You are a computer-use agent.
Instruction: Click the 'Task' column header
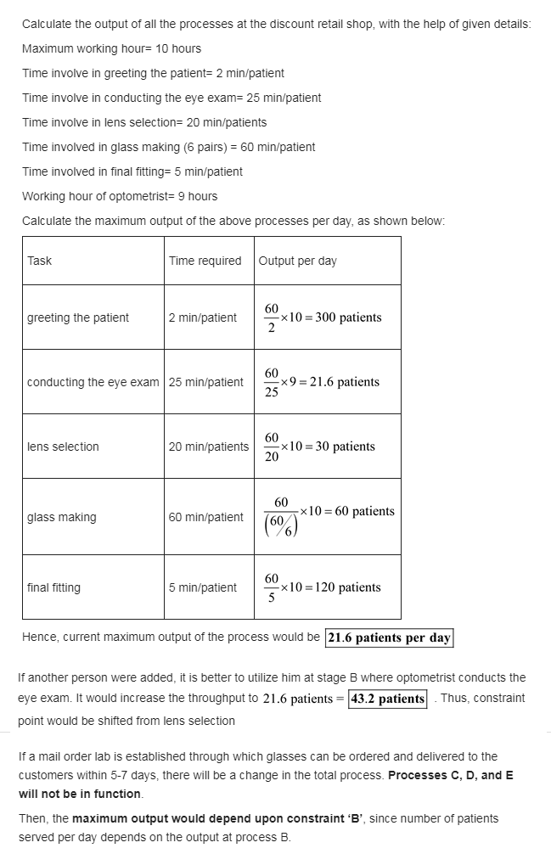tap(39, 261)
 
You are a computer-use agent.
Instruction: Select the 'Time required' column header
tap(205, 261)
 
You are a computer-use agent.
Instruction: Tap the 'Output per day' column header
tap(297, 261)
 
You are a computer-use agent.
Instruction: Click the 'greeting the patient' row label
tap(78, 317)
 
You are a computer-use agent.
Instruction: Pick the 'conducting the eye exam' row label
tap(93, 382)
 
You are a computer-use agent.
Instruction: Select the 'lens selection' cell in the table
tap(63, 447)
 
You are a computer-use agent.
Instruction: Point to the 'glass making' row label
tap(61, 517)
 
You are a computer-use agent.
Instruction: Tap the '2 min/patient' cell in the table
tap(202, 317)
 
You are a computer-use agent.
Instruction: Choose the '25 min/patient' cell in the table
tap(205, 382)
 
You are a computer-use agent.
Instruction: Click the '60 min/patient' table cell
tap(205, 517)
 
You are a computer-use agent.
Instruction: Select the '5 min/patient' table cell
tap(202, 587)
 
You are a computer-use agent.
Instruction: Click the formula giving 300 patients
tap(322, 317)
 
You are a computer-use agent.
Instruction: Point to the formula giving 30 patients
tap(318, 447)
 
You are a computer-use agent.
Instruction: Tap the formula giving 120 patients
tap(322, 587)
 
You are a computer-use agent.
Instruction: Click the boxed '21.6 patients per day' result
tap(389, 638)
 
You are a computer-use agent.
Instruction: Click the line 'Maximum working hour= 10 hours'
tap(111, 48)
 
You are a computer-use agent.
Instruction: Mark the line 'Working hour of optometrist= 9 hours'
tap(120, 196)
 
